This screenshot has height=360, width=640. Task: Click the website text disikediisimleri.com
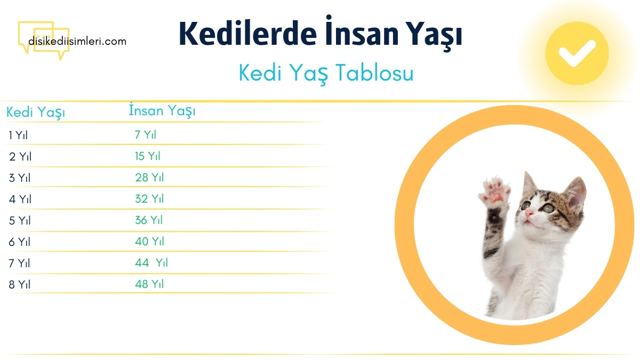coord(78,41)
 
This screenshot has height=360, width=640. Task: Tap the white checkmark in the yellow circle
coord(577,53)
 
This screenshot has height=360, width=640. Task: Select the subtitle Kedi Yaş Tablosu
coord(326,74)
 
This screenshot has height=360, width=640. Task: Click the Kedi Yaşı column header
coord(36,113)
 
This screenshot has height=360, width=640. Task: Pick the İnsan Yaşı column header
coord(162,111)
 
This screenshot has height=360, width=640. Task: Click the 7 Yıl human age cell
coord(145,135)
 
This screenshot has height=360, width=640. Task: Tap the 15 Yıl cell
coord(147,156)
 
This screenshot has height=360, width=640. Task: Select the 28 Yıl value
coord(149,178)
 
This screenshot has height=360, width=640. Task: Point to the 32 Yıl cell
coord(149,199)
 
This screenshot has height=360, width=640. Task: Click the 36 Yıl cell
coord(149,220)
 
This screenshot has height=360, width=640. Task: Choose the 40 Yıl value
coord(149,242)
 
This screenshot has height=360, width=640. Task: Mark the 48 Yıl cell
coord(149,284)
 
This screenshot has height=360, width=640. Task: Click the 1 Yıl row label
coord(18,135)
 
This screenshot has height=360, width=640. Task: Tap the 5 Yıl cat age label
coord(20,220)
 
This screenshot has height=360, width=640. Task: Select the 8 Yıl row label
coord(20,284)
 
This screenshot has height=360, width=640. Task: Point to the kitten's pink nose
coord(529,213)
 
